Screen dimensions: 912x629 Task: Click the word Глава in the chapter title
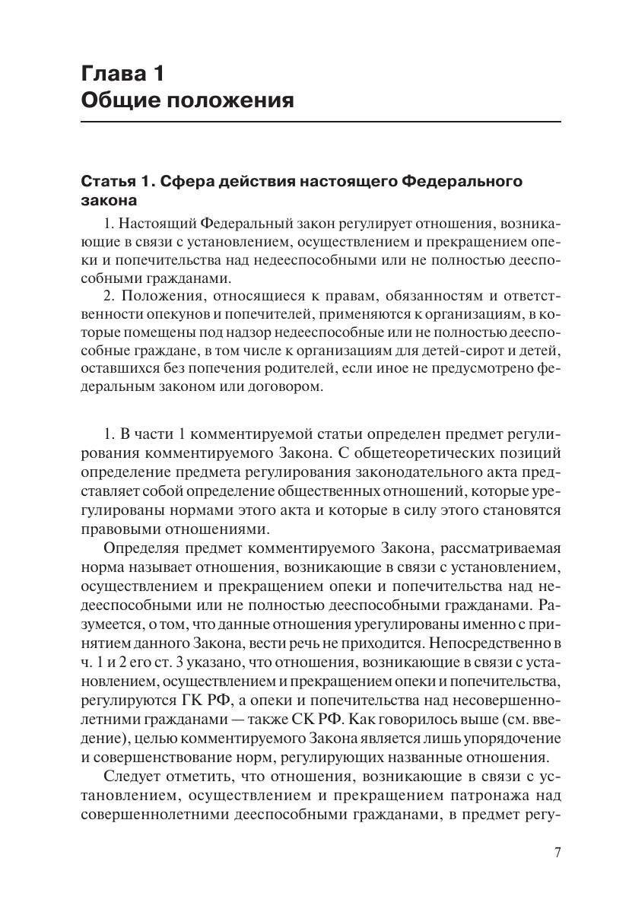click(111, 75)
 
